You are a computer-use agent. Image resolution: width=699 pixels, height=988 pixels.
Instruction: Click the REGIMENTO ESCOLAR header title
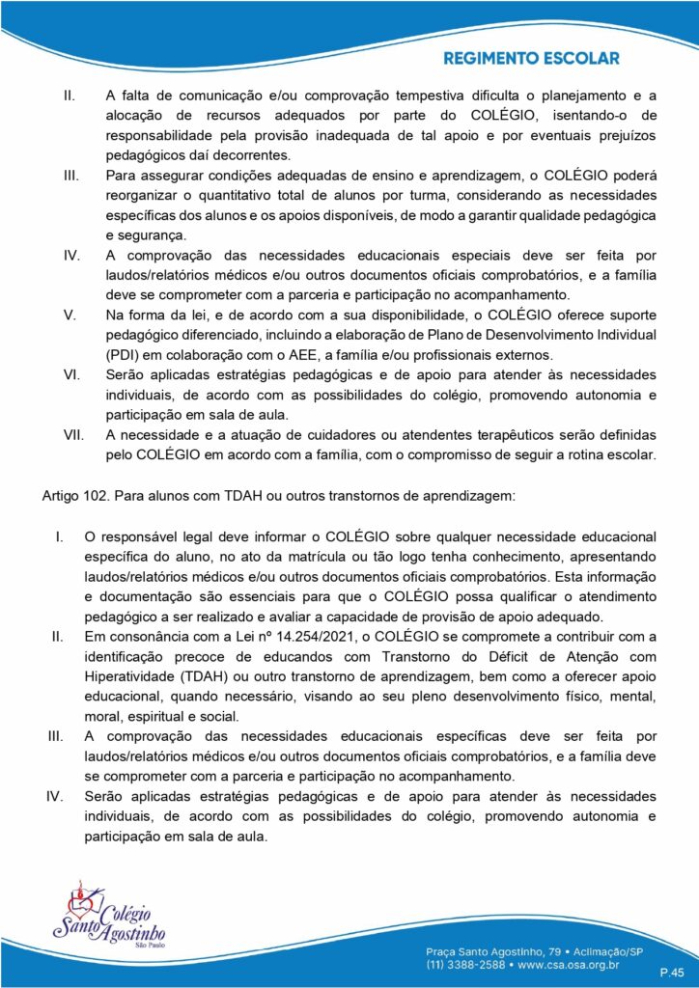point(531,59)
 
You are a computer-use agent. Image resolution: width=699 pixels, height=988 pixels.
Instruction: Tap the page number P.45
point(672,973)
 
